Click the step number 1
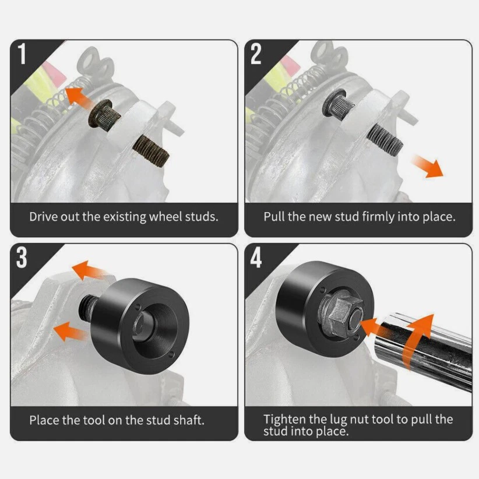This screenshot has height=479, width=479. point(23,54)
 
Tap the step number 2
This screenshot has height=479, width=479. point(256,54)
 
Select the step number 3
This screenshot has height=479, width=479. point(22,258)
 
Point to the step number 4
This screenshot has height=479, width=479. point(257,258)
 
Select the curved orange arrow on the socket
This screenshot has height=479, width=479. point(417,335)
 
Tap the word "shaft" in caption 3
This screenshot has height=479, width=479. point(187,420)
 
